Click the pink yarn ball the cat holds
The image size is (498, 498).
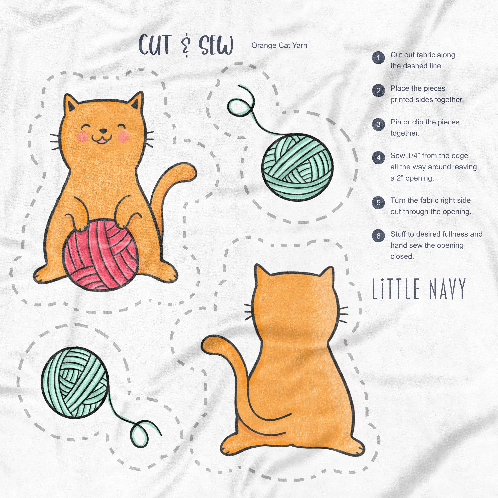click(x=101, y=254)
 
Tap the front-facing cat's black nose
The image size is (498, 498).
click(x=103, y=131)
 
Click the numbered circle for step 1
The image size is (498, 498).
click(x=378, y=58)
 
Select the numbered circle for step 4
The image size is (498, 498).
click(x=378, y=158)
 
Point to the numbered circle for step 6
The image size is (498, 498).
click(x=378, y=236)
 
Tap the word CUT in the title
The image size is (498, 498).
click(x=155, y=45)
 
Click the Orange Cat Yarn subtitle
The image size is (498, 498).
click(x=279, y=45)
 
